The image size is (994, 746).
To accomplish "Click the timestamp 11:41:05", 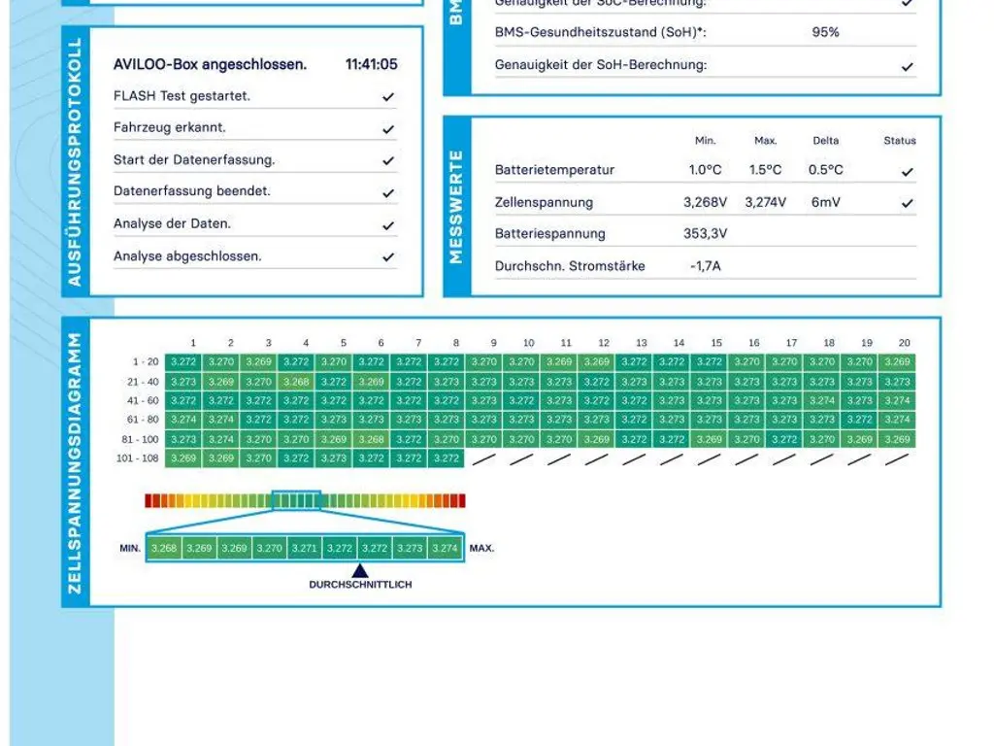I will click(371, 65).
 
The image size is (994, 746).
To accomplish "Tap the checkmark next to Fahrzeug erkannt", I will click(388, 128).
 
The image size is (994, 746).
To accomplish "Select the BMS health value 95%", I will click(825, 32).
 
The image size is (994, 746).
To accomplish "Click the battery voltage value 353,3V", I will click(706, 233).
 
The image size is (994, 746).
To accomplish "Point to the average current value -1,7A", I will click(706, 265).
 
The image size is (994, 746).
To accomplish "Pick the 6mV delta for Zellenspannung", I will click(825, 202).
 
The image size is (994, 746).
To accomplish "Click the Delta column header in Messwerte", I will click(825, 141).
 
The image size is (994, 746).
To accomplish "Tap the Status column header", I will click(900, 141).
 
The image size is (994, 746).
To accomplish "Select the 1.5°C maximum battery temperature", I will click(765, 170).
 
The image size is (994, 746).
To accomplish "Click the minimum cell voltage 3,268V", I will click(706, 202).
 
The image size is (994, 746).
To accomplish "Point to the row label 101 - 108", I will click(137, 458).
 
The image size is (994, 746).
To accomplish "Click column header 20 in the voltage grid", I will click(904, 343).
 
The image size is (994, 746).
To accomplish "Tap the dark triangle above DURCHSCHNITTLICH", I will click(360, 571).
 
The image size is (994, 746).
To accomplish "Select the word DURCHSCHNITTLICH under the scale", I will click(360, 585).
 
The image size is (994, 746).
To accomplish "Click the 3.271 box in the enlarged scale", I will click(304, 548).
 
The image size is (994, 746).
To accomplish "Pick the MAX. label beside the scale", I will click(481, 548).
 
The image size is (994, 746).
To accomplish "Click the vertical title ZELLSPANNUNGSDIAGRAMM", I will click(76, 462).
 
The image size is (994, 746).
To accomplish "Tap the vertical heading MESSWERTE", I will click(457, 206).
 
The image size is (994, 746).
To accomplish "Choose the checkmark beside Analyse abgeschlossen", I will click(388, 257).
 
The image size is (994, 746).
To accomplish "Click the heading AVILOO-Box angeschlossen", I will click(210, 65).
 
